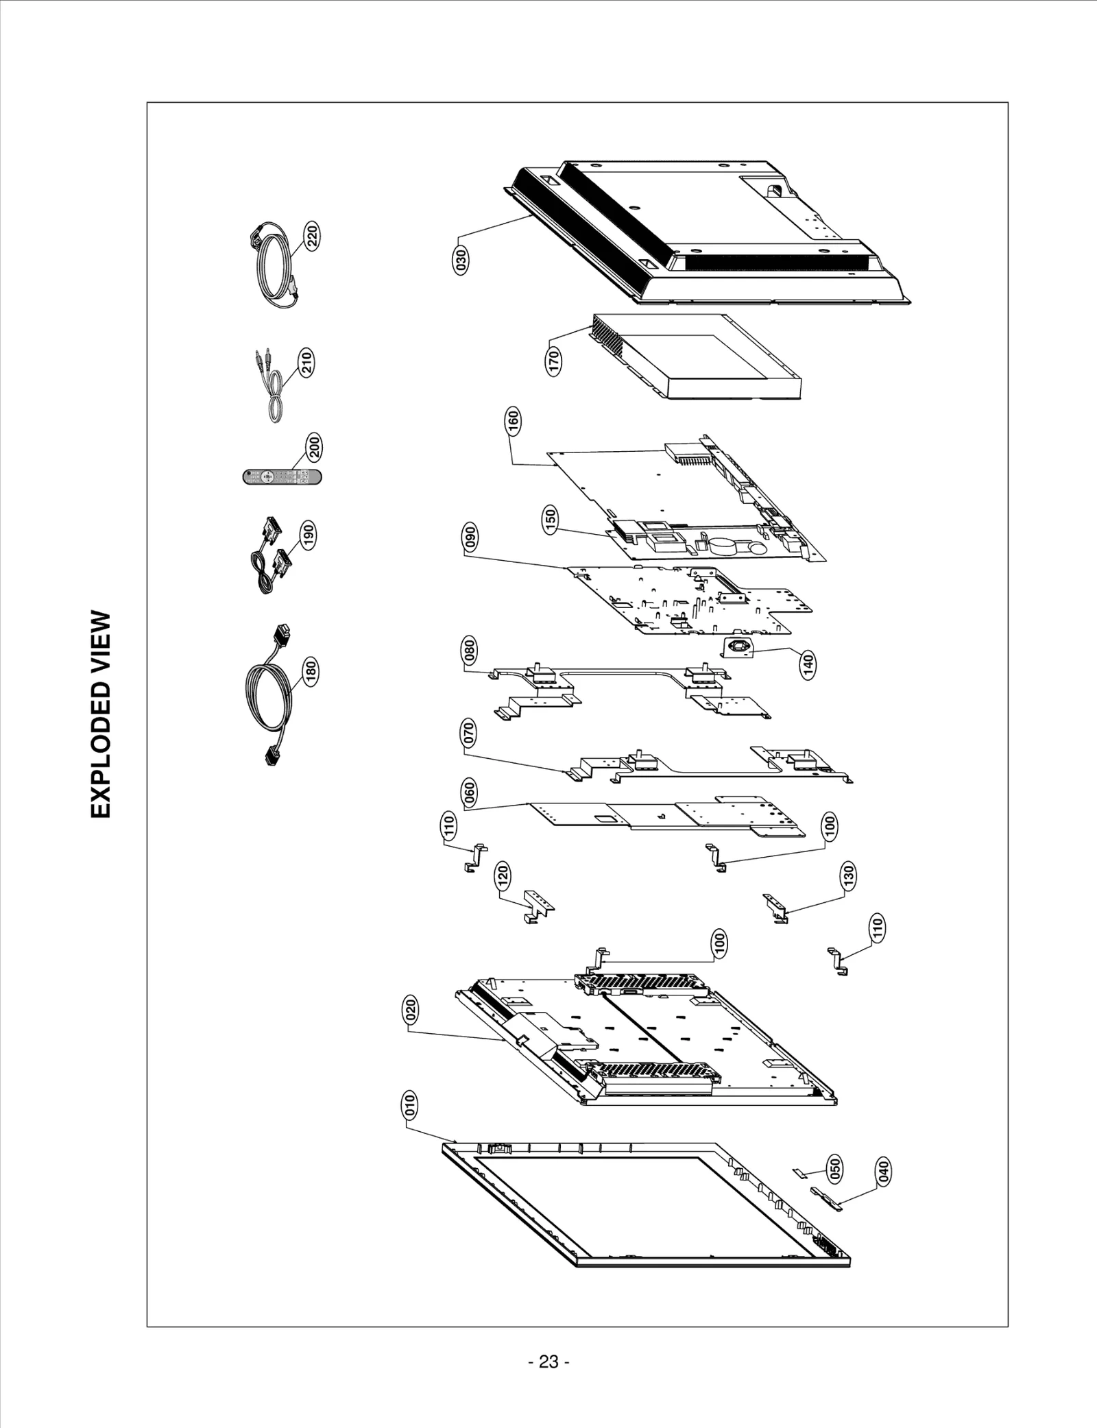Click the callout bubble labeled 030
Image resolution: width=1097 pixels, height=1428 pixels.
pos(461,261)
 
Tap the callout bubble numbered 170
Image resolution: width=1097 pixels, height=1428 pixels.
pos(554,361)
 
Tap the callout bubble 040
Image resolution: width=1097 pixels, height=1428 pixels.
pos(884,1191)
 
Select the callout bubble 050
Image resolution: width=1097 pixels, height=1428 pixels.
pos(835,1168)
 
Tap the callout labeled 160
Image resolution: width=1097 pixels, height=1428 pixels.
pos(513,421)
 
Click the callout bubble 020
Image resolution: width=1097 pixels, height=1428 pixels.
pos(409,1011)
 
